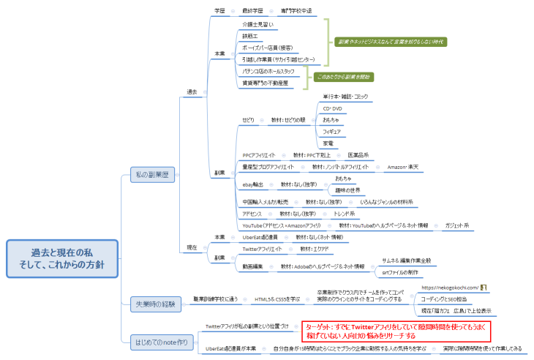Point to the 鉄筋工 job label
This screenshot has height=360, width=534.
click(x=250, y=35)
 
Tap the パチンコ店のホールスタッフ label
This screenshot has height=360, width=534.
click(x=268, y=71)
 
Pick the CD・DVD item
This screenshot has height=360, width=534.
click(x=332, y=108)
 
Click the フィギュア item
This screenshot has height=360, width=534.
click(x=332, y=132)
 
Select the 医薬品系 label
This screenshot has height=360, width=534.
click(x=358, y=155)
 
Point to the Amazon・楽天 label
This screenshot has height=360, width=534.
click(x=402, y=167)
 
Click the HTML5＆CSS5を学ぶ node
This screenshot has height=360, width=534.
click(x=277, y=299)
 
